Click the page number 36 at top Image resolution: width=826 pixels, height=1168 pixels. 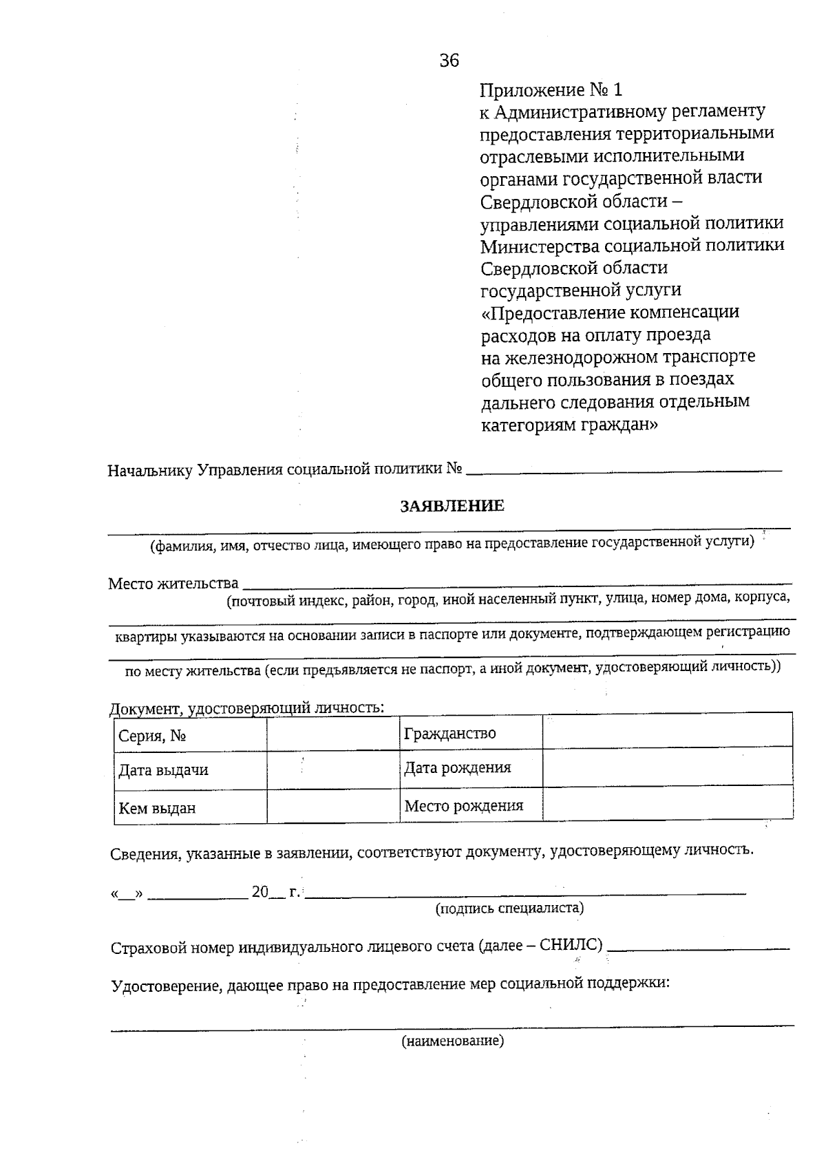click(x=449, y=61)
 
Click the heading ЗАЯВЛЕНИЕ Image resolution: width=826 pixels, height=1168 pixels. click(x=452, y=506)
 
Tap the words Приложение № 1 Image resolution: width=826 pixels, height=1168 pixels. click(x=551, y=89)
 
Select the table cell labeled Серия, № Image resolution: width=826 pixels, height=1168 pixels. click(x=190, y=736)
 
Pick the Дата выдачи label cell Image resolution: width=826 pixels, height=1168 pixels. click(x=190, y=769)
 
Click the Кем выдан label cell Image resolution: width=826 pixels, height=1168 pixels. click(x=190, y=807)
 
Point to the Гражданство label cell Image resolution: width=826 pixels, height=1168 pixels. click(x=471, y=733)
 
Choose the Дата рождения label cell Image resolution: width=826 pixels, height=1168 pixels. click(x=471, y=767)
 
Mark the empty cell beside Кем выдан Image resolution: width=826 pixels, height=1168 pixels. click(x=333, y=807)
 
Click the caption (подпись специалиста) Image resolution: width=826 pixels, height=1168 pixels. click(x=509, y=908)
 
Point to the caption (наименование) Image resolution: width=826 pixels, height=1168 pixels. click(x=453, y=1041)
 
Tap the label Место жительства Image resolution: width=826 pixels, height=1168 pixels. click(x=173, y=584)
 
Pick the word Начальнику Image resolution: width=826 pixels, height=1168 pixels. click(x=149, y=470)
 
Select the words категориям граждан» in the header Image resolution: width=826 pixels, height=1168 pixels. click(x=569, y=425)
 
